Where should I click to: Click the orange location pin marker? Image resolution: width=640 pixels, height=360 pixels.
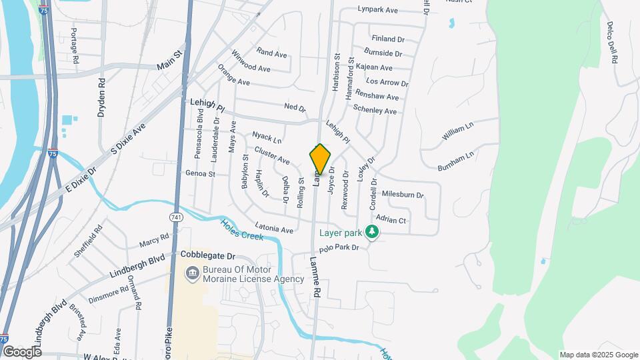(320, 159)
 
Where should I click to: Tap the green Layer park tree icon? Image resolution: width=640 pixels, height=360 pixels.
(373, 233)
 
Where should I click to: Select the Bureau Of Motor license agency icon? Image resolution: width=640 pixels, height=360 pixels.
(193, 273)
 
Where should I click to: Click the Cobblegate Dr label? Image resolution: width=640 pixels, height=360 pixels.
(209, 256)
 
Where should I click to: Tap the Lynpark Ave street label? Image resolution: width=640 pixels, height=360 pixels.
(377, 10)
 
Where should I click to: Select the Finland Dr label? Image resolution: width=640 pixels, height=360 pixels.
(389, 39)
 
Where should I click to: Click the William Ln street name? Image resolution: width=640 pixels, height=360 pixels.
(457, 133)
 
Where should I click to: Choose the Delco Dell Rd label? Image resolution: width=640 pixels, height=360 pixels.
(611, 43)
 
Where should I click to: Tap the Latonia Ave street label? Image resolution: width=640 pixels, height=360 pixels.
(274, 229)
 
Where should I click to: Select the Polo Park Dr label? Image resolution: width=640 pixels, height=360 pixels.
(339, 248)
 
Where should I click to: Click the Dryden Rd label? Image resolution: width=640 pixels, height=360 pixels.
(102, 99)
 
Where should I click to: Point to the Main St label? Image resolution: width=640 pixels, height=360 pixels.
(169, 61)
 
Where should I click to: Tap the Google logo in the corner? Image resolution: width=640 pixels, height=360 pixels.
(22, 351)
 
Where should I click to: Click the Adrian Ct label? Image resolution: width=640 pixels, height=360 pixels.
(391, 220)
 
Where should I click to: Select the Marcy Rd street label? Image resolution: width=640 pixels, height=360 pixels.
(154, 239)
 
